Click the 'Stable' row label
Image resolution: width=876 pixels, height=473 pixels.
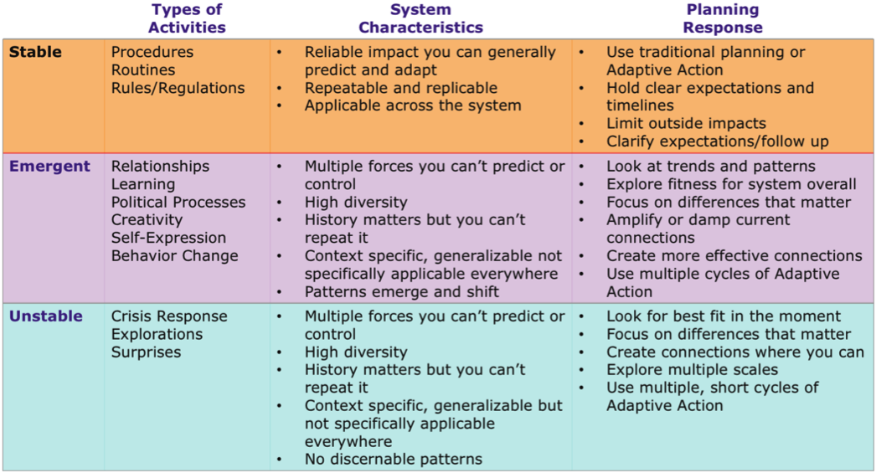[35, 52]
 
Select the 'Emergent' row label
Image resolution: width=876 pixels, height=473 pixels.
[49, 167]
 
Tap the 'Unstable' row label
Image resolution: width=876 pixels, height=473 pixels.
[46, 316]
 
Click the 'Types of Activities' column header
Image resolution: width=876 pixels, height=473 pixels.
[187, 18]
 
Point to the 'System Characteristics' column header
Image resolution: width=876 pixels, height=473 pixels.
[420, 18]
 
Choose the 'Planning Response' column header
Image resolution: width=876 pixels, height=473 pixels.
[723, 18]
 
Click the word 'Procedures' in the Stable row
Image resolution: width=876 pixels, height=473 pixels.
[152, 52]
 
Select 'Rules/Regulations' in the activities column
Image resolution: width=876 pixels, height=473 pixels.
[178, 88]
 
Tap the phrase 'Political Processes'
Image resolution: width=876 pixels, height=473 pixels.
[178, 202]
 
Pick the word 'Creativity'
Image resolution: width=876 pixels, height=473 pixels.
[147, 220]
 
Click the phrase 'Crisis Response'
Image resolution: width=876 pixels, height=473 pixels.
[169, 316]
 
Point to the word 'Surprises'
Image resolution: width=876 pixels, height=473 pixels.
[146, 352]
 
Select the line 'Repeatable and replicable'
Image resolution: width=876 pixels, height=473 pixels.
[400, 88]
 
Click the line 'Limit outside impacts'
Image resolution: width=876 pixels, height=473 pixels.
[686, 123]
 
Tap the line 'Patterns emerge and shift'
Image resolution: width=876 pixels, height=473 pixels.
[402, 292]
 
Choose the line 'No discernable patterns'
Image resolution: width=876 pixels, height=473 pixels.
[394, 460]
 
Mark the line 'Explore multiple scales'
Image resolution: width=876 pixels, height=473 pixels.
[693, 370]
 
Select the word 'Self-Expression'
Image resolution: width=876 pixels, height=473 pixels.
[168, 238]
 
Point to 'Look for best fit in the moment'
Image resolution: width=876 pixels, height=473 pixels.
[724, 316]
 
